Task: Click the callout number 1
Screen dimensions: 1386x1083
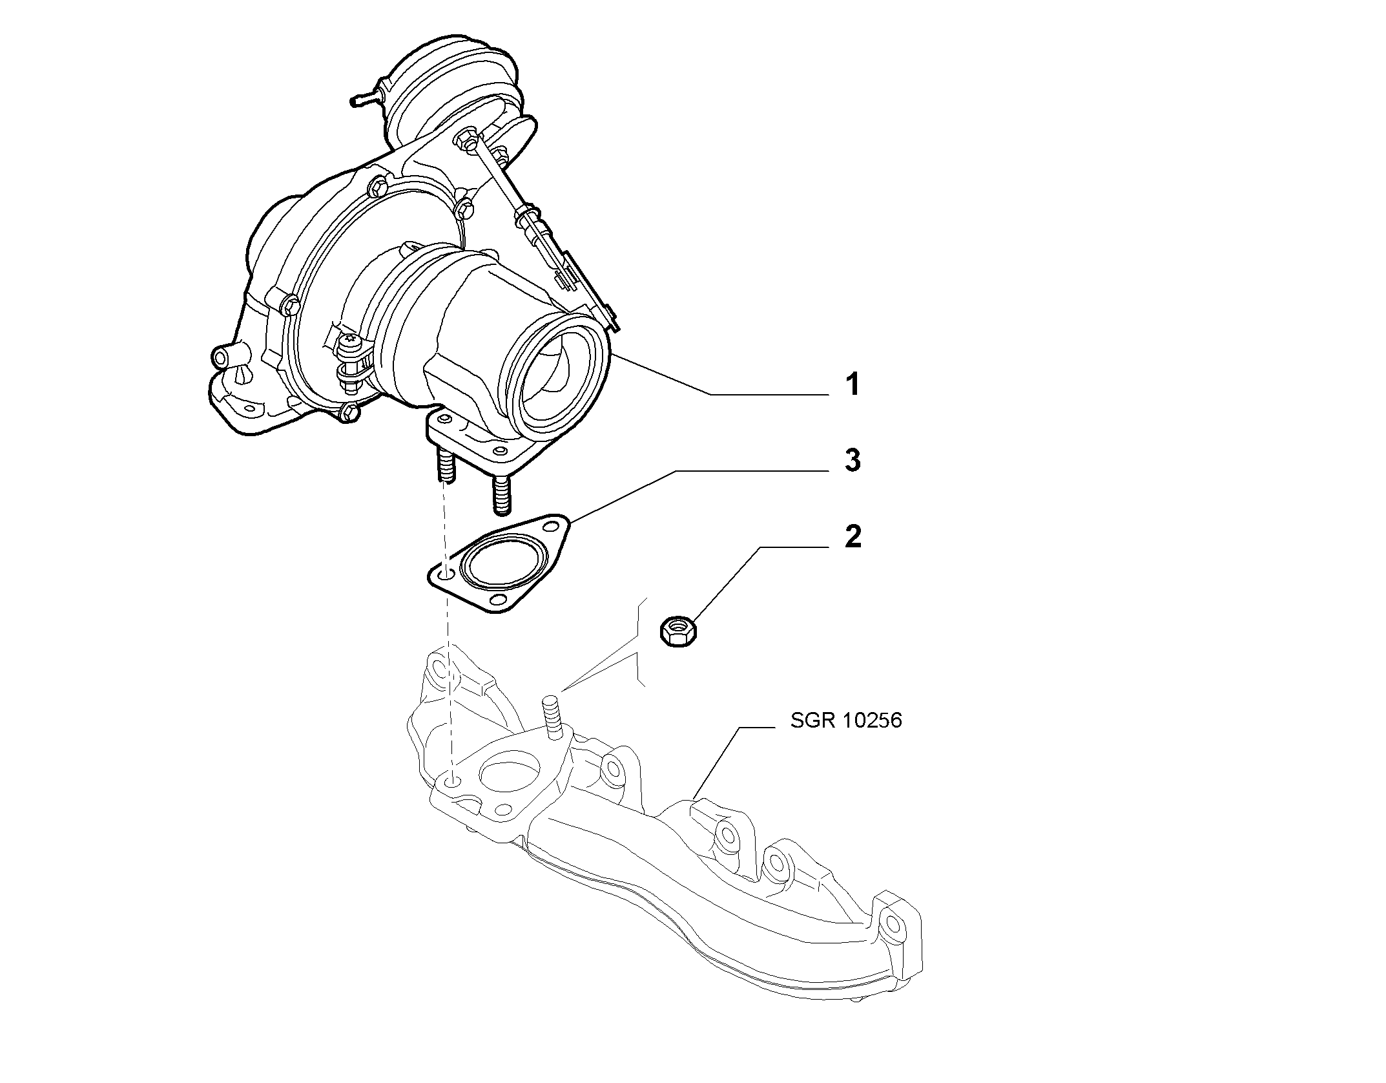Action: pos(853,384)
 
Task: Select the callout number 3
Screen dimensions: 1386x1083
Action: pos(853,460)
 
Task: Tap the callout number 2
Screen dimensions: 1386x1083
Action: pos(853,537)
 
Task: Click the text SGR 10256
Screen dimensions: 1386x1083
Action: pos(846,720)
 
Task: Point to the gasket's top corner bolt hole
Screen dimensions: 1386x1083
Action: pos(551,523)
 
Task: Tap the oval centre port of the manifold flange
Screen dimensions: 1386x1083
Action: pos(510,773)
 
